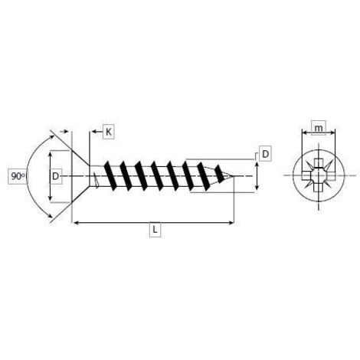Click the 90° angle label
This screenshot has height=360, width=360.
18,176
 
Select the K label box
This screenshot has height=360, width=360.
109,132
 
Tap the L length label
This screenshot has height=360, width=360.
155,230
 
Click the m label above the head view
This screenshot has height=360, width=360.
319,128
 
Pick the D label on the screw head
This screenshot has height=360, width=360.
55,176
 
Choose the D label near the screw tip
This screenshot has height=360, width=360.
265,154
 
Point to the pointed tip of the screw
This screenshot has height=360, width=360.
233,175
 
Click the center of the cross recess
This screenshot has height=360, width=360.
319,175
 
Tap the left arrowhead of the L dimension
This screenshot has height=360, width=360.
76,223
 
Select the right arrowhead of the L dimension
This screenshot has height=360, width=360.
231,223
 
